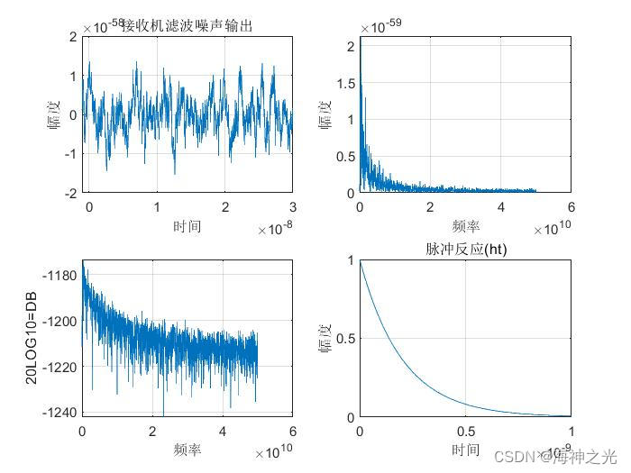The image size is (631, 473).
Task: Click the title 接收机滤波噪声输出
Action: [187, 26]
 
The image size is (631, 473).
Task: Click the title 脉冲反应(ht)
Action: [465, 250]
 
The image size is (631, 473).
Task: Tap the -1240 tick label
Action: [60, 413]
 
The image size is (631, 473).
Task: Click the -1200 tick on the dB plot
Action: [60, 321]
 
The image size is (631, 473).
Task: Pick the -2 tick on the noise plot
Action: [69, 193]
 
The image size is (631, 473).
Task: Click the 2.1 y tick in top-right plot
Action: [351, 43]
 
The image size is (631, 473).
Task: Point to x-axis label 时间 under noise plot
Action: [187, 225]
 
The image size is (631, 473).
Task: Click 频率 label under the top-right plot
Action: [465, 226]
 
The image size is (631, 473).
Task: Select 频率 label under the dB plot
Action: [187, 449]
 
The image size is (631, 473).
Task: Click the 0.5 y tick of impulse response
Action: [346, 339]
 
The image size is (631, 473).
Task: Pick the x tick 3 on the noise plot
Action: [292, 207]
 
